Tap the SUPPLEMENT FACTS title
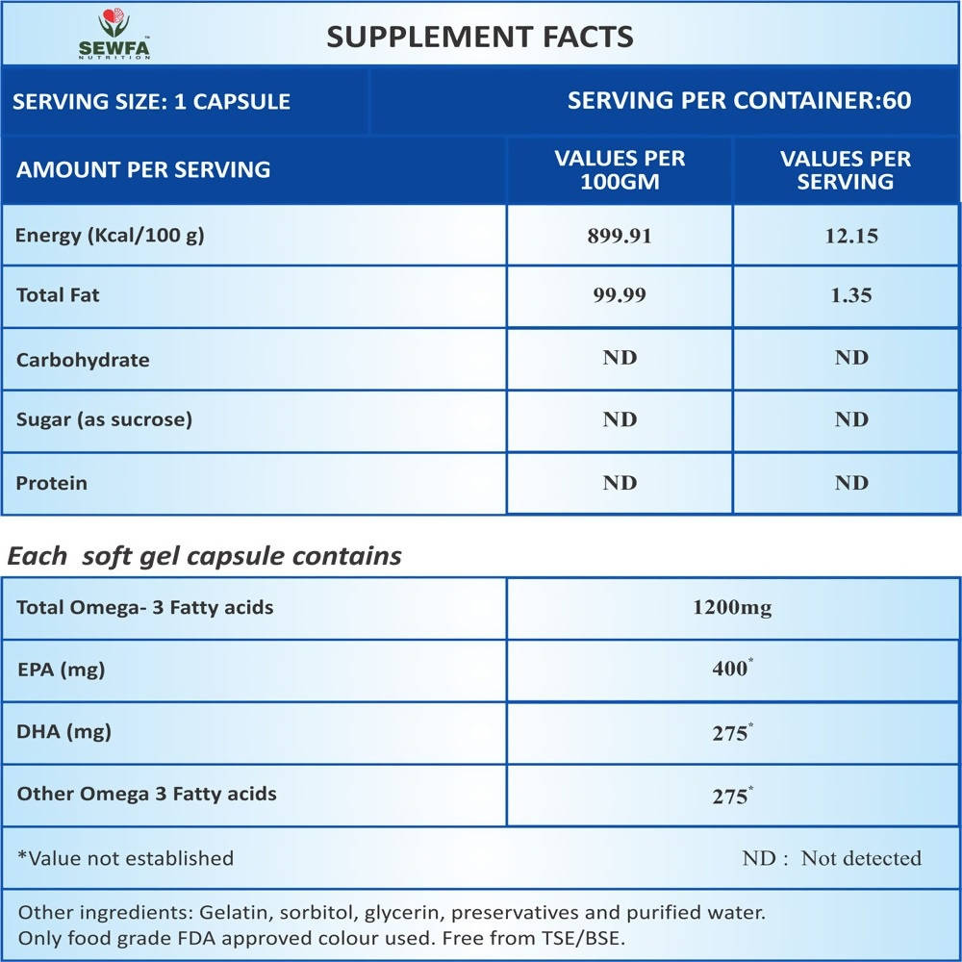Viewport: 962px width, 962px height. (479, 37)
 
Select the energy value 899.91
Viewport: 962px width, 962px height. (620, 236)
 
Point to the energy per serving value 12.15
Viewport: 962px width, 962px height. (850, 236)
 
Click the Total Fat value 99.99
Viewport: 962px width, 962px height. (620, 296)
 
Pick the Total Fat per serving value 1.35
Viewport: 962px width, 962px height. (850, 296)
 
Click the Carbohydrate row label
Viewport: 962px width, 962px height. (83, 360)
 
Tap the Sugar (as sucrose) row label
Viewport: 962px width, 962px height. (104, 419)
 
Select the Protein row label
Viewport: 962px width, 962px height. (51, 483)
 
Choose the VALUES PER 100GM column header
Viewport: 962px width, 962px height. (620, 169)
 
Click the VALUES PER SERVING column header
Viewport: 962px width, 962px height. (845, 169)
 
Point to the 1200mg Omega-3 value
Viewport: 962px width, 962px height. (732, 608)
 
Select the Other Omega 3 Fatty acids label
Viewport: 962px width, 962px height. (146, 794)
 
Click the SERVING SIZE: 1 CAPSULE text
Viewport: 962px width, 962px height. (152, 101)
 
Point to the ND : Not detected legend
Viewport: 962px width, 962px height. (831, 858)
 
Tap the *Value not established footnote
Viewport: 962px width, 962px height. (126, 858)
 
